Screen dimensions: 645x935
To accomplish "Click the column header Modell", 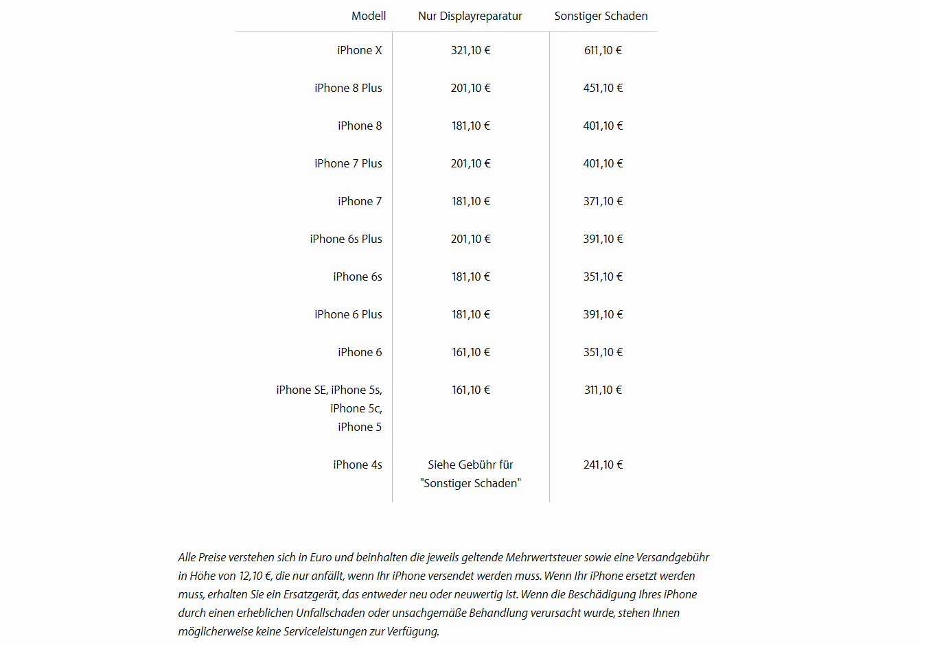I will tap(369, 16).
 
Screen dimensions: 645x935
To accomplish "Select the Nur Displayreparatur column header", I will tap(470, 16).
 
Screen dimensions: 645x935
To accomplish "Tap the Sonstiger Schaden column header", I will tap(601, 16).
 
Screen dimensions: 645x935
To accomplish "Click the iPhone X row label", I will tap(359, 50).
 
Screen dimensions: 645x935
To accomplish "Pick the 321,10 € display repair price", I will tap(470, 50).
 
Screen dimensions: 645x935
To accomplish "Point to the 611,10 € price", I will tap(603, 50).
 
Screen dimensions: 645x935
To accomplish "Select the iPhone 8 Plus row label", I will tap(348, 88).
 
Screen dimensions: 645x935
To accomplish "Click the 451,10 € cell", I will tap(603, 88).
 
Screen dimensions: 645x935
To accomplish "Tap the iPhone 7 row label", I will tap(359, 201).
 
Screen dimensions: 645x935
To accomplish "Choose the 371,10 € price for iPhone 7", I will tap(603, 201).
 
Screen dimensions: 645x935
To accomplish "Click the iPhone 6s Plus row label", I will tap(345, 239).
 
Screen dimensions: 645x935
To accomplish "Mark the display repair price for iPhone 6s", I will tap(470, 277).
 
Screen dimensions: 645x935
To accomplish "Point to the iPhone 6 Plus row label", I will tap(348, 314).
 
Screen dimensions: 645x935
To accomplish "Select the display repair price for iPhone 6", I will tap(470, 352).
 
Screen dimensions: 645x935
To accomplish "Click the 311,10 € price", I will tap(603, 390).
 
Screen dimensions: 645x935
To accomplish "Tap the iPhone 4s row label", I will tap(357, 465).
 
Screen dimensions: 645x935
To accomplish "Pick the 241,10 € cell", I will tap(603, 465).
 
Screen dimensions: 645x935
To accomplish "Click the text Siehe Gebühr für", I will tap(470, 465).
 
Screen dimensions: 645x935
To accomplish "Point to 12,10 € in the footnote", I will tap(255, 576).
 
